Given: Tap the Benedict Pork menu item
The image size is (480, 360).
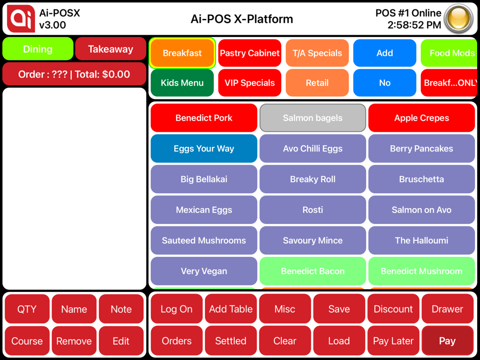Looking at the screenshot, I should point(204,118).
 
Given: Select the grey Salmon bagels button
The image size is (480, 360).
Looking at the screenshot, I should point(313,118).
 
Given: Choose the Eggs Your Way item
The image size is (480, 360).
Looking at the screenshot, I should point(204,149).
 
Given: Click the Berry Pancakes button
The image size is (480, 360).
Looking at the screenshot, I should point(421,149).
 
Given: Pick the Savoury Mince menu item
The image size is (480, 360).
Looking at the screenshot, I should point(313,240).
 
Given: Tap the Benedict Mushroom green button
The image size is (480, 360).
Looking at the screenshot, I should point(421,271).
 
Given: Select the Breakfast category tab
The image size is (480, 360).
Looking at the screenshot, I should point(182,53).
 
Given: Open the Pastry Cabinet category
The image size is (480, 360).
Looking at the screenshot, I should point(250,53).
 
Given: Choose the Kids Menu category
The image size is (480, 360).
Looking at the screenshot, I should point(182,83).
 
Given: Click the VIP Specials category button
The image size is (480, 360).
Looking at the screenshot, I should point(250,83).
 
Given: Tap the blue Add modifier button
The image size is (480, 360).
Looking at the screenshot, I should point(385,53).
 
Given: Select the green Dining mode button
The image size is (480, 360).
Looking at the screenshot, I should point(38,49).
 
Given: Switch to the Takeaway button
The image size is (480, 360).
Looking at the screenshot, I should point(111,49).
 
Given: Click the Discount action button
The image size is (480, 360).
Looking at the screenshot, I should point(393,309).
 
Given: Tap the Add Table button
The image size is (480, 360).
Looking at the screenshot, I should point(231,309).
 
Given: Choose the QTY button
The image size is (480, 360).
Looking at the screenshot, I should point(27,309).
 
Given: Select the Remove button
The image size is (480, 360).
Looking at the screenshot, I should point(74,341).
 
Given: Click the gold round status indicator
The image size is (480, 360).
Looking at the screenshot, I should point(458,19).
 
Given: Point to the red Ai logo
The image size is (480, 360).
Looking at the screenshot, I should point(21,19).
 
